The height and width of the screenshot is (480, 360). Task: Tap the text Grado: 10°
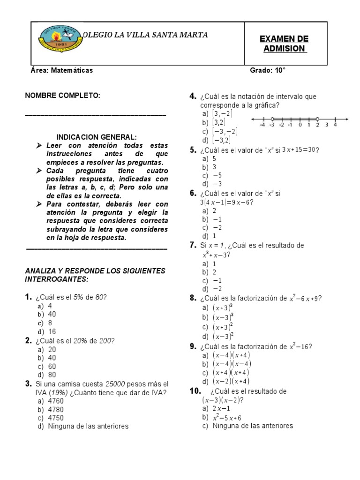coord(268,70)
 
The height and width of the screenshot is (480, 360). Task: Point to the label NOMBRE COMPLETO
coord(62,96)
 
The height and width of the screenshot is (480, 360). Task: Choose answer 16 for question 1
coord(51,331)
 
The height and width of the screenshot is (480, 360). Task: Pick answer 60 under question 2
coord(51,366)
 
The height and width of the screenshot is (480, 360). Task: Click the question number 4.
coord(192,96)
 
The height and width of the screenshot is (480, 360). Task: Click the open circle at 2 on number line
coord(317,119)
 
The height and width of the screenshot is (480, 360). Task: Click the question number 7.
coord(192,245)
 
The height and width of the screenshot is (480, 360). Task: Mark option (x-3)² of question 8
coord(223,336)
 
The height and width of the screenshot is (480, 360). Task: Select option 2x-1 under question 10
coord(220,408)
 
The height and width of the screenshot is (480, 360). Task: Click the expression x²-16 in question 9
coord(299,346)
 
